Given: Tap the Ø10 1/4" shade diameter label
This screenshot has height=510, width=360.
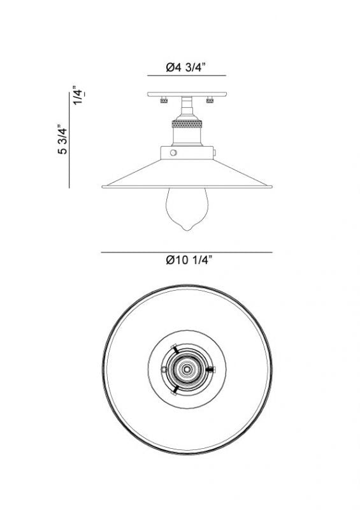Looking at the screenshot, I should click(x=188, y=259).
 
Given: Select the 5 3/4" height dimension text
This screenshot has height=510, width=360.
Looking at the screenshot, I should click(x=62, y=140).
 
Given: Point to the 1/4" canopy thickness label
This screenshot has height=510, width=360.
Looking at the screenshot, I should click(x=78, y=95).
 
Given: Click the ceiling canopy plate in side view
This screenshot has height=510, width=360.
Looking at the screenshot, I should click(x=187, y=94).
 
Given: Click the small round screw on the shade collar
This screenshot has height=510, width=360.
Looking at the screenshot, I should click(x=173, y=153).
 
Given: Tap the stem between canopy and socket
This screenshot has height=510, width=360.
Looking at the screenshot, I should click(x=186, y=106).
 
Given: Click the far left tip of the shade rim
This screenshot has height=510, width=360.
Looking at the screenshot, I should click(x=103, y=186).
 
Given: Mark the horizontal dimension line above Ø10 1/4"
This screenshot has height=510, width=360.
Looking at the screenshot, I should click(x=187, y=252).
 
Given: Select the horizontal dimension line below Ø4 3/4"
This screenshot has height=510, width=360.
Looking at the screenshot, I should click(x=187, y=76).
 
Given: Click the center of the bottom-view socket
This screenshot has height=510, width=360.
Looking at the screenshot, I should click(x=187, y=368).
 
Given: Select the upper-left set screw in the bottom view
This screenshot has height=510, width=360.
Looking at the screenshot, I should click(x=174, y=348).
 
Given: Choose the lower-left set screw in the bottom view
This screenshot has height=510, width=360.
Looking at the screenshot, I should click(x=174, y=389).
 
